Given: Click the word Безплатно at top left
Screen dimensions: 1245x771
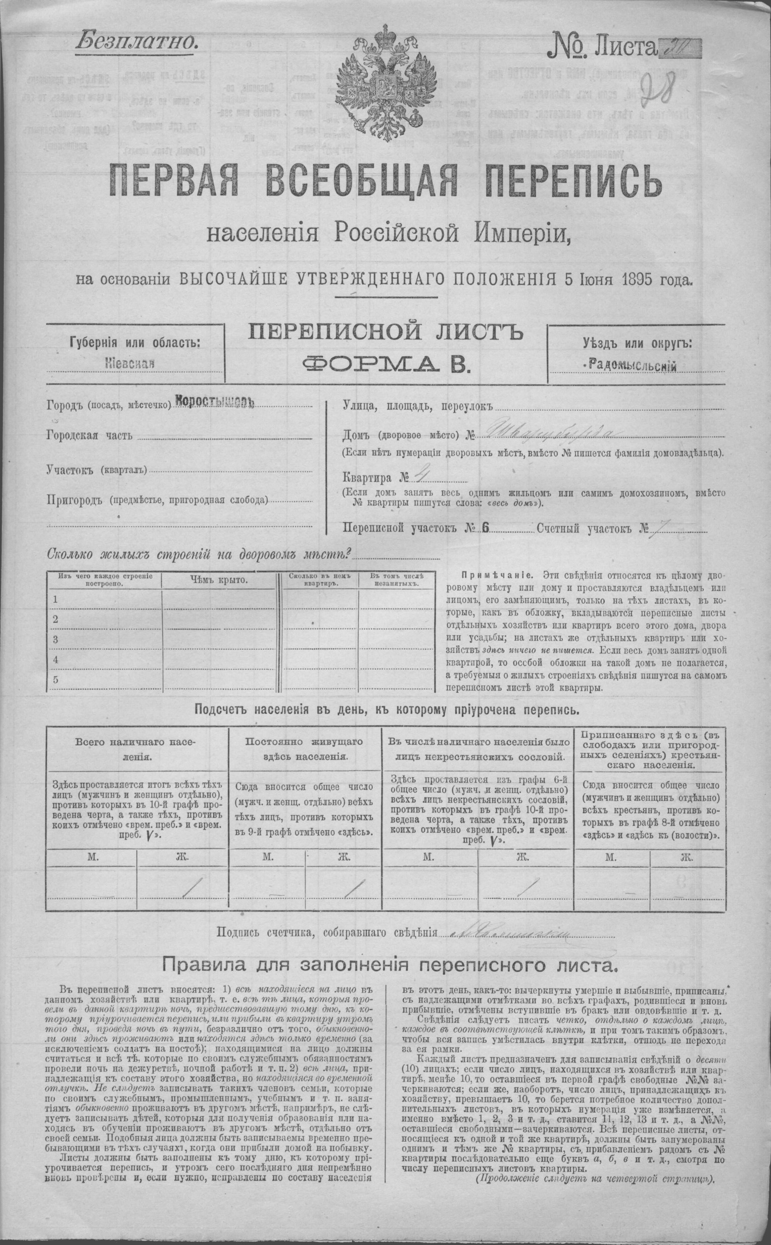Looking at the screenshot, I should pos(137,40).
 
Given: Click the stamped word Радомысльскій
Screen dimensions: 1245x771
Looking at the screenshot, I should pos(632,364).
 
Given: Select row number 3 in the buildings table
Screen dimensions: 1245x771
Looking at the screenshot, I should pos(56,639).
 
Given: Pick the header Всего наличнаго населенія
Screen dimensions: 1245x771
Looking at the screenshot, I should pos(136,750).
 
